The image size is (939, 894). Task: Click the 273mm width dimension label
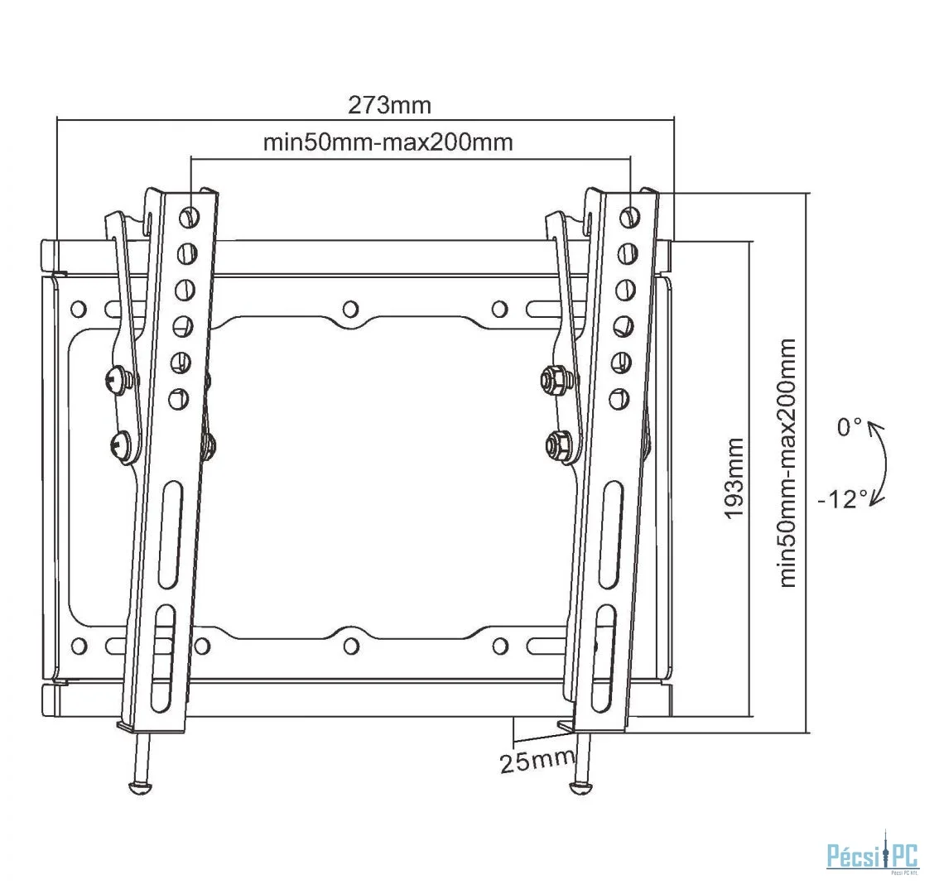[390, 105]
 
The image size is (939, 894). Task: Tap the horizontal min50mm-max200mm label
[388, 142]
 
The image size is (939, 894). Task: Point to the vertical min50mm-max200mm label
[788, 463]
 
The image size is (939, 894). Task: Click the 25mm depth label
[537, 761]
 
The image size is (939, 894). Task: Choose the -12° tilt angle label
[843, 499]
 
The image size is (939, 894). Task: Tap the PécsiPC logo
[873, 855]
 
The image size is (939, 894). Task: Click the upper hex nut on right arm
[553, 380]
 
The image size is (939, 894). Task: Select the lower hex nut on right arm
[559, 445]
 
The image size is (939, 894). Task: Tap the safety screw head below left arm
[140, 788]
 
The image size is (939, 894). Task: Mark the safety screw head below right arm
[580, 788]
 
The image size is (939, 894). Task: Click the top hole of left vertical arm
[189, 214]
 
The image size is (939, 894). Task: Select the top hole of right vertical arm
[628, 215]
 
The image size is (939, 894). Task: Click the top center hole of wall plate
[350, 309]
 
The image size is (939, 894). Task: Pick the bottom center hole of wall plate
[351, 646]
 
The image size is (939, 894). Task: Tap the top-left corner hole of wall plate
[78, 309]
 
